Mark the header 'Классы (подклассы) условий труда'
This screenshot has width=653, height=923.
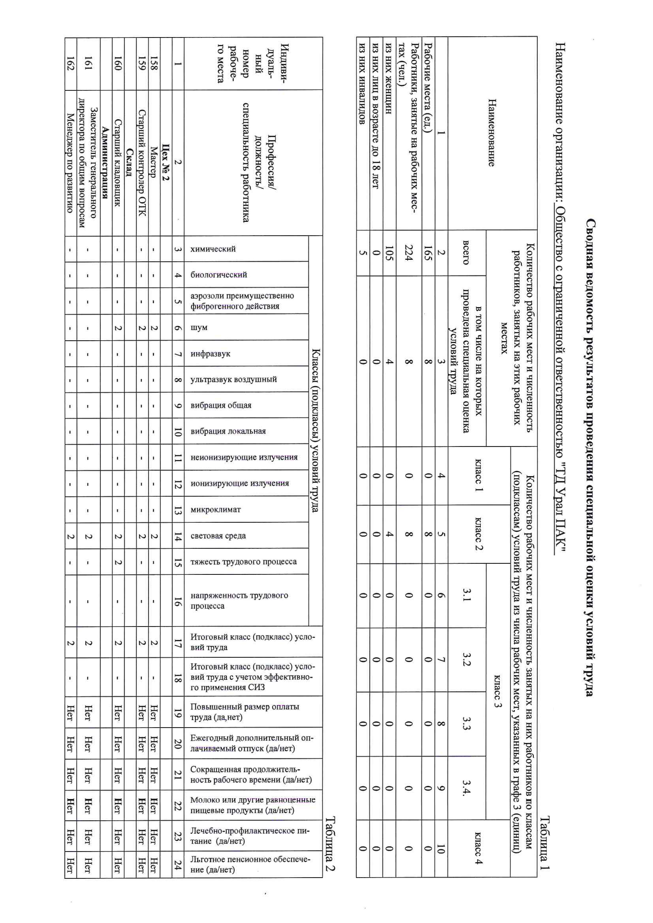(x=316, y=430)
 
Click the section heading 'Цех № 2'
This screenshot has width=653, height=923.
(x=166, y=162)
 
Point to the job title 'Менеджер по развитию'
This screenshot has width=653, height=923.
(x=70, y=162)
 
